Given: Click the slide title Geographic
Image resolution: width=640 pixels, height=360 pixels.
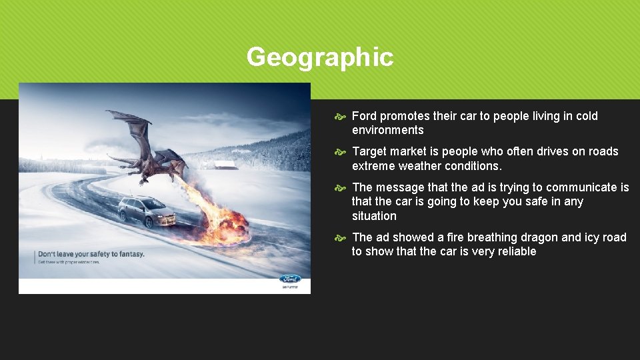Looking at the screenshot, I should coord(319,57).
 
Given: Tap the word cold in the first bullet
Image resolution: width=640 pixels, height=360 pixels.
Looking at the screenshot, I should coord(585,116).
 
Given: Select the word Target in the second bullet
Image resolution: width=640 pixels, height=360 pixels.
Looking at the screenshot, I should coord(370,151).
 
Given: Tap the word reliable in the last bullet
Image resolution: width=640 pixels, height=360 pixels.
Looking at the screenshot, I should coord(514,251).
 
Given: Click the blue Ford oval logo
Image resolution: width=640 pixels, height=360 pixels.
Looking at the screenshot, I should coord(290,279).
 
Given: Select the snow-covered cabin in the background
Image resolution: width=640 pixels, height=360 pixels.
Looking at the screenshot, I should coord(225,164).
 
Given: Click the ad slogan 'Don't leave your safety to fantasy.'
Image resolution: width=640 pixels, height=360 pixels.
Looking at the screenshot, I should coord(91,254).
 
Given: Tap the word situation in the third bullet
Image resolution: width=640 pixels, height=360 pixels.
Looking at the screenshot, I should coord(374,216).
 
